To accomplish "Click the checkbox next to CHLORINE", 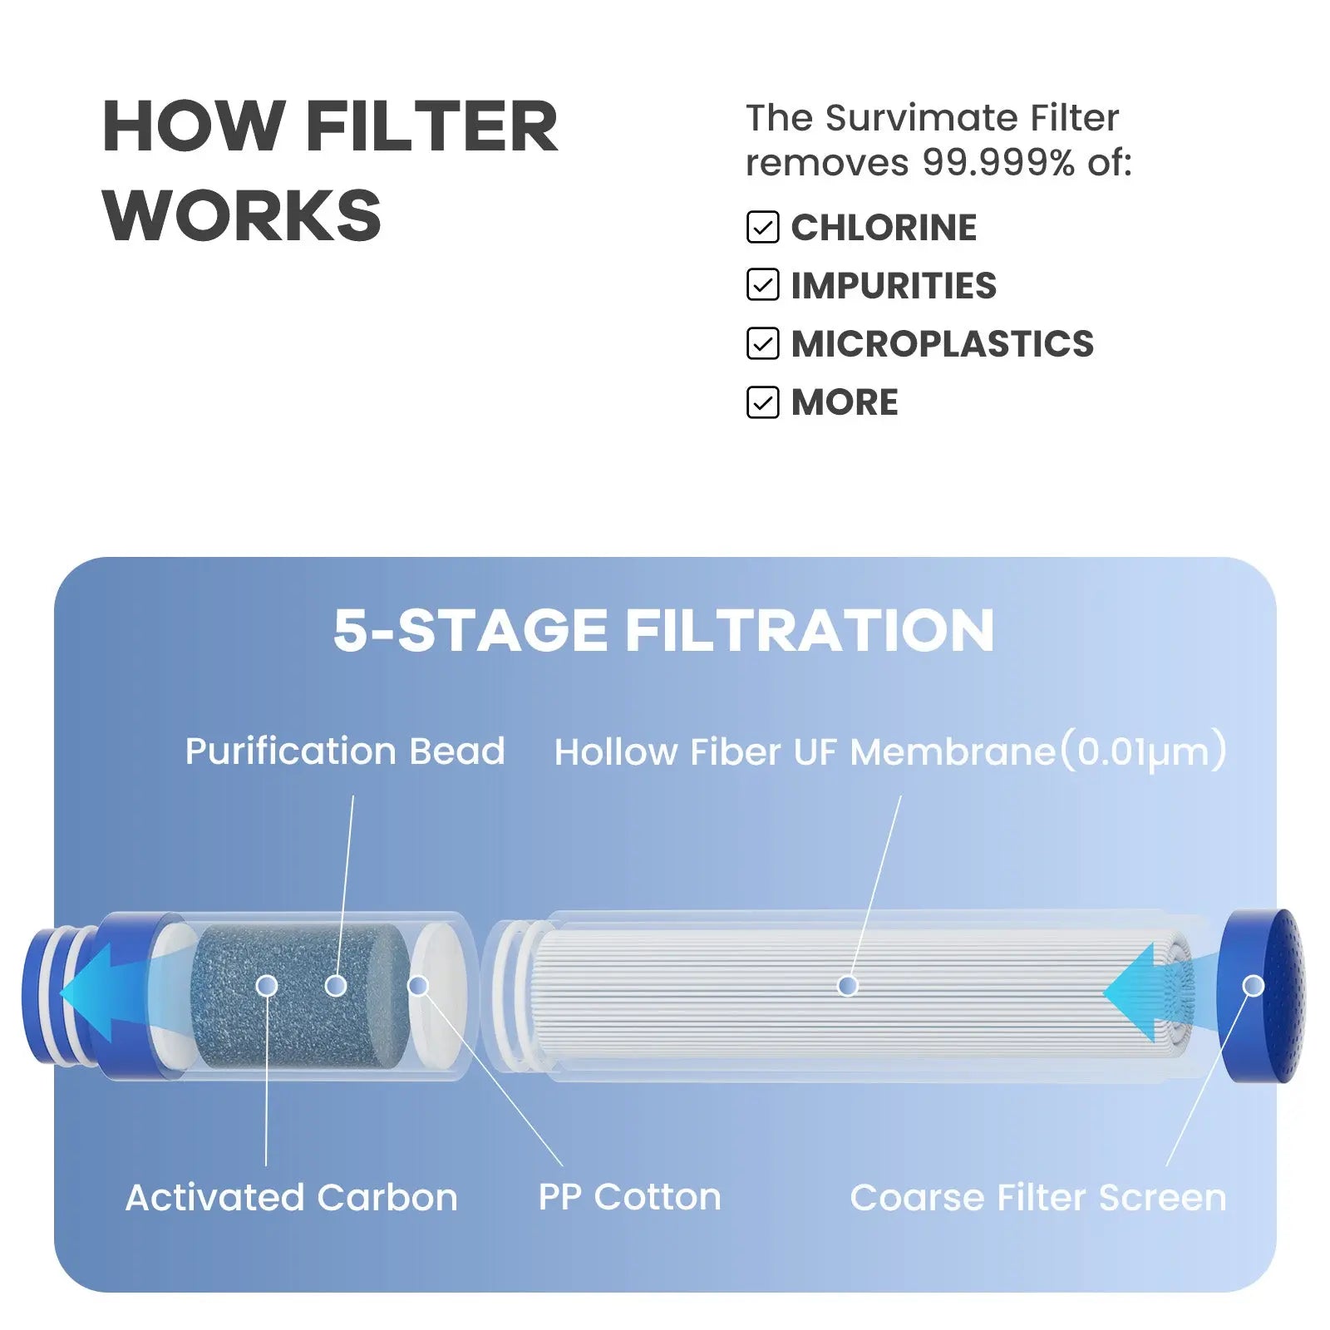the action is point(762,227).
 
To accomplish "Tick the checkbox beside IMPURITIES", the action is point(762,285).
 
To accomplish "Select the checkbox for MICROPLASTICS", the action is point(762,343).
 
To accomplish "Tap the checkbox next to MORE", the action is point(762,402).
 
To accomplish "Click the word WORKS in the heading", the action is point(242,215).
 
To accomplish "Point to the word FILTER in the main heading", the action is point(432,126).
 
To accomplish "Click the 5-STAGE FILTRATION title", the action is point(663,630).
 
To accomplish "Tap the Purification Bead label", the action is point(345,751).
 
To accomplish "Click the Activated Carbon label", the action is point(291,1198).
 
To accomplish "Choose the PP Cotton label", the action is point(629,1198).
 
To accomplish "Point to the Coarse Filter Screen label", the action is point(1038,1198).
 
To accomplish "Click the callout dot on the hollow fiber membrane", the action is point(848,986).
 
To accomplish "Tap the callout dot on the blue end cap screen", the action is point(1254,986).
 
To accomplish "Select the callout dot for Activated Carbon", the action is point(267,986).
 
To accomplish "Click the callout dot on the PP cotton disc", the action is point(418,986).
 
